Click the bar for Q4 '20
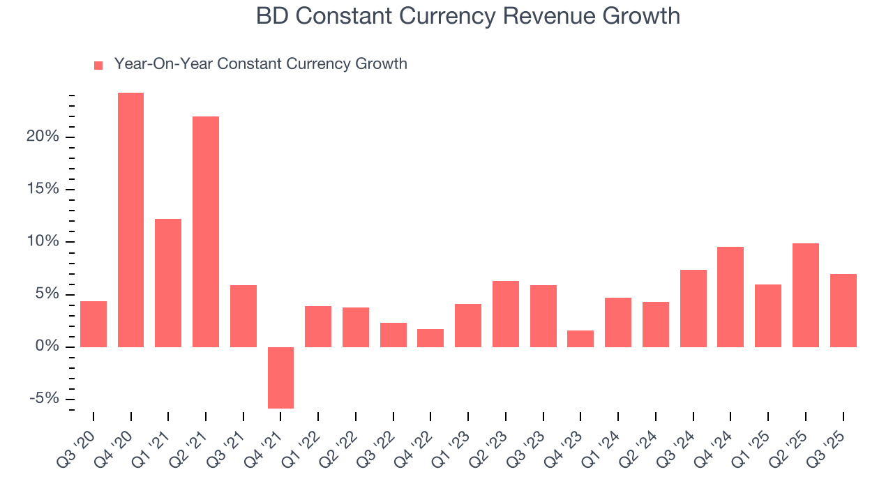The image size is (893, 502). [x=130, y=220]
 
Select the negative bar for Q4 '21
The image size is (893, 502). [x=280, y=377]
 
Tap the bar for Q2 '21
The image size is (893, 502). [x=206, y=231]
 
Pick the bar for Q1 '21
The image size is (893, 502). [x=168, y=282]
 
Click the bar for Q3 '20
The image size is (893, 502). [x=93, y=324]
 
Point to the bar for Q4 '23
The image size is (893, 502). [x=580, y=338]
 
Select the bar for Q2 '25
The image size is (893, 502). [x=806, y=295]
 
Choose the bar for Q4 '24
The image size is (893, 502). [x=730, y=296]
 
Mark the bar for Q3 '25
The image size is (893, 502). [x=843, y=310]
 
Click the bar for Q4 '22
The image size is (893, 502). [x=430, y=337]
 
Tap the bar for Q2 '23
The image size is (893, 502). [x=506, y=314]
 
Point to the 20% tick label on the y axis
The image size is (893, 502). [x=43, y=137]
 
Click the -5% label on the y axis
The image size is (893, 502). [x=43, y=399]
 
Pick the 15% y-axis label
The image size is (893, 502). [x=43, y=190]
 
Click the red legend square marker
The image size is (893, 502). [x=98, y=65]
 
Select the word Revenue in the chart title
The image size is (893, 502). [x=541, y=15]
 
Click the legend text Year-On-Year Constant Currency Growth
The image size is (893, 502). [x=260, y=64]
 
